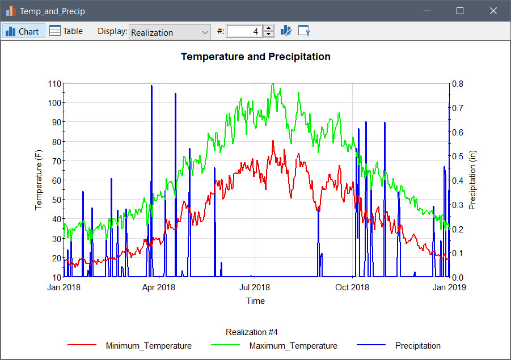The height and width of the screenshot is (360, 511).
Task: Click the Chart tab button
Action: (x=23, y=31)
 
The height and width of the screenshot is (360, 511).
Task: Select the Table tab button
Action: (x=66, y=31)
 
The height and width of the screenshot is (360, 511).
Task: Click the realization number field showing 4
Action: (x=244, y=32)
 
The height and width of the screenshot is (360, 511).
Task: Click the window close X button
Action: (x=493, y=11)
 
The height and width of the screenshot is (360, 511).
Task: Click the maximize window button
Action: (x=460, y=11)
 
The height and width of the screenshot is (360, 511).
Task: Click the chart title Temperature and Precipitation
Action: (x=255, y=57)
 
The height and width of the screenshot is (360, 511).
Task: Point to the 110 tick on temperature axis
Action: (x=54, y=83)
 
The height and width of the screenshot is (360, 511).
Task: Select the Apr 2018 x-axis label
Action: (x=158, y=287)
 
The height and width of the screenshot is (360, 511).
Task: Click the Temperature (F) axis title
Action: (x=39, y=180)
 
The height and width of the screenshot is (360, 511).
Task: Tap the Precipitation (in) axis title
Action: (x=472, y=180)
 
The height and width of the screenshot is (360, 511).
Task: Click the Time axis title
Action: (x=255, y=301)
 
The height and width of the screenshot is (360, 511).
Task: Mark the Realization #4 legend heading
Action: (x=252, y=332)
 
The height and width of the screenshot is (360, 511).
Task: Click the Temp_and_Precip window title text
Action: (x=52, y=11)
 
